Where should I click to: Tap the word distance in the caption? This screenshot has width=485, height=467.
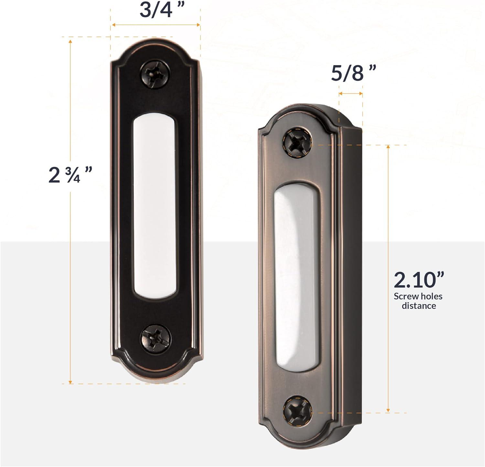click(419, 306)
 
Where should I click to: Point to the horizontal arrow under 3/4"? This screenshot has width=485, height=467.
click(156, 25)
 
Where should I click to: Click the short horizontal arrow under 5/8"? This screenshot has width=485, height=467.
click(350, 94)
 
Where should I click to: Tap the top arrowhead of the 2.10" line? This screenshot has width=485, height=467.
click(388, 147)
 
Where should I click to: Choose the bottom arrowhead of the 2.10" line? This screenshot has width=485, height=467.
click(388, 410)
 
